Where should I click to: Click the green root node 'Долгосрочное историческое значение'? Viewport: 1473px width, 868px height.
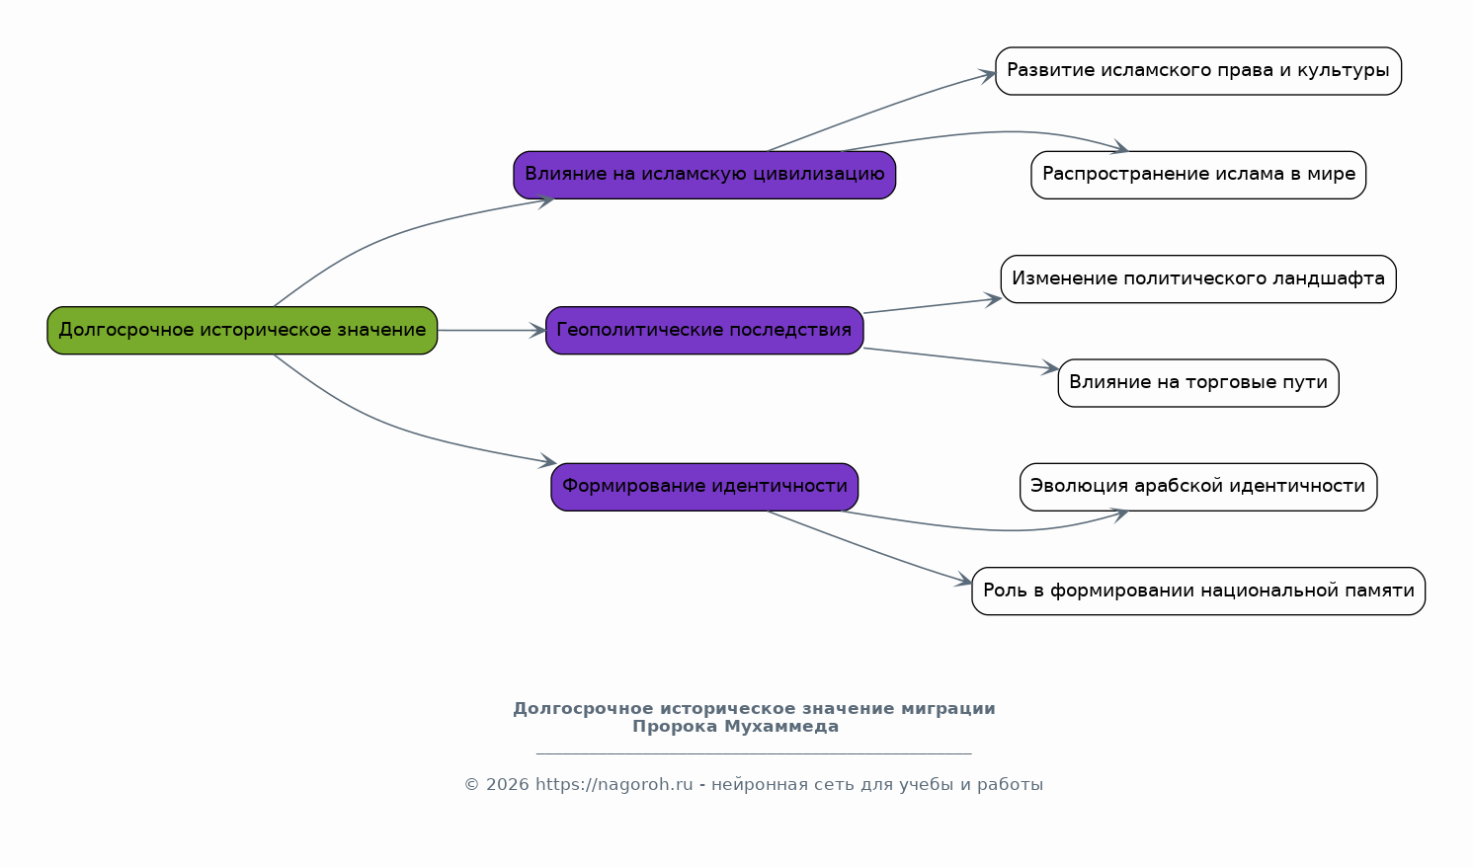pyautogui.click(x=242, y=331)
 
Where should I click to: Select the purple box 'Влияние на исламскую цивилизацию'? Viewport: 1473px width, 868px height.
pyautogui.click(x=704, y=175)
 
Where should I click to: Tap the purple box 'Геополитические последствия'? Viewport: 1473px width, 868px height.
pyautogui.click(x=704, y=331)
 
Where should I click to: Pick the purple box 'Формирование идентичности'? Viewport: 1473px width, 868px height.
pyautogui.click(x=704, y=487)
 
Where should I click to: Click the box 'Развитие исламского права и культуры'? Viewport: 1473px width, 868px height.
pyautogui.click(x=1198, y=71)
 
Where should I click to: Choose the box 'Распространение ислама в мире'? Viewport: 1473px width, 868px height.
pyautogui.click(x=1198, y=175)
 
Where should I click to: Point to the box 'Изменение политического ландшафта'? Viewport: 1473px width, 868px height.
pyautogui.click(x=1198, y=279)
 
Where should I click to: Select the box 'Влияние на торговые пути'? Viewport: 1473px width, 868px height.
pyautogui.click(x=1198, y=383)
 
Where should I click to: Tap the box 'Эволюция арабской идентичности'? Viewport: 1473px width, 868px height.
pyautogui.click(x=1198, y=487)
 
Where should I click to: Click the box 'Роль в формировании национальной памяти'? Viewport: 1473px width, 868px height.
pyautogui.click(x=1198, y=592)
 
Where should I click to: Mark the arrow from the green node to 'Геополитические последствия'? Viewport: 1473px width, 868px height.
pyautogui.click(x=491, y=331)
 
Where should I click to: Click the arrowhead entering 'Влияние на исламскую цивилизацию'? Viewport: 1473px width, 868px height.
pyautogui.click(x=545, y=201)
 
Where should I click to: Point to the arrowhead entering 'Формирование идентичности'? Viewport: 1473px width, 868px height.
pyautogui.click(x=547, y=460)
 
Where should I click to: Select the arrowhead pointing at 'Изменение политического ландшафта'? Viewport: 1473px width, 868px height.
pyautogui.click(x=993, y=299)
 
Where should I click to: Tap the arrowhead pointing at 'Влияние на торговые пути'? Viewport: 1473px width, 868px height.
pyautogui.click(x=1050, y=368)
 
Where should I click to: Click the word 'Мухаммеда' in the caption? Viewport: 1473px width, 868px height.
pyautogui.click(x=781, y=727)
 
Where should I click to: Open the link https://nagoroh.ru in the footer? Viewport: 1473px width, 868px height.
pyautogui.click(x=614, y=784)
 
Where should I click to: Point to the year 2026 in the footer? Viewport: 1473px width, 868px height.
pyautogui.click(x=507, y=784)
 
